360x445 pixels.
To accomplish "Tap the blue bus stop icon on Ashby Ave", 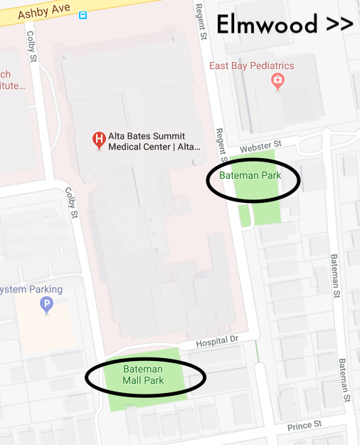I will (x=83, y=14).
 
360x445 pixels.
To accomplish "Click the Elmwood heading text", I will (x=267, y=24).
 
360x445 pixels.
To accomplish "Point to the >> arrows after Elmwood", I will (x=339, y=24).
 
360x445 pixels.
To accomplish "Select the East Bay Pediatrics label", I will (x=251, y=66).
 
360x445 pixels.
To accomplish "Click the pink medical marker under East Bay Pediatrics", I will (x=277, y=82).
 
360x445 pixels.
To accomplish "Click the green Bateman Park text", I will (x=250, y=175).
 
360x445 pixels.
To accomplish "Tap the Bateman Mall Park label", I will (x=143, y=375).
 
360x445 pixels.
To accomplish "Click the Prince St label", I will (x=305, y=426).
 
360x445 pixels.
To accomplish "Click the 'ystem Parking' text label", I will (x=31, y=290).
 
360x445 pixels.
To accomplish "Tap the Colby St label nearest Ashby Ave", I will (x=31, y=47).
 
